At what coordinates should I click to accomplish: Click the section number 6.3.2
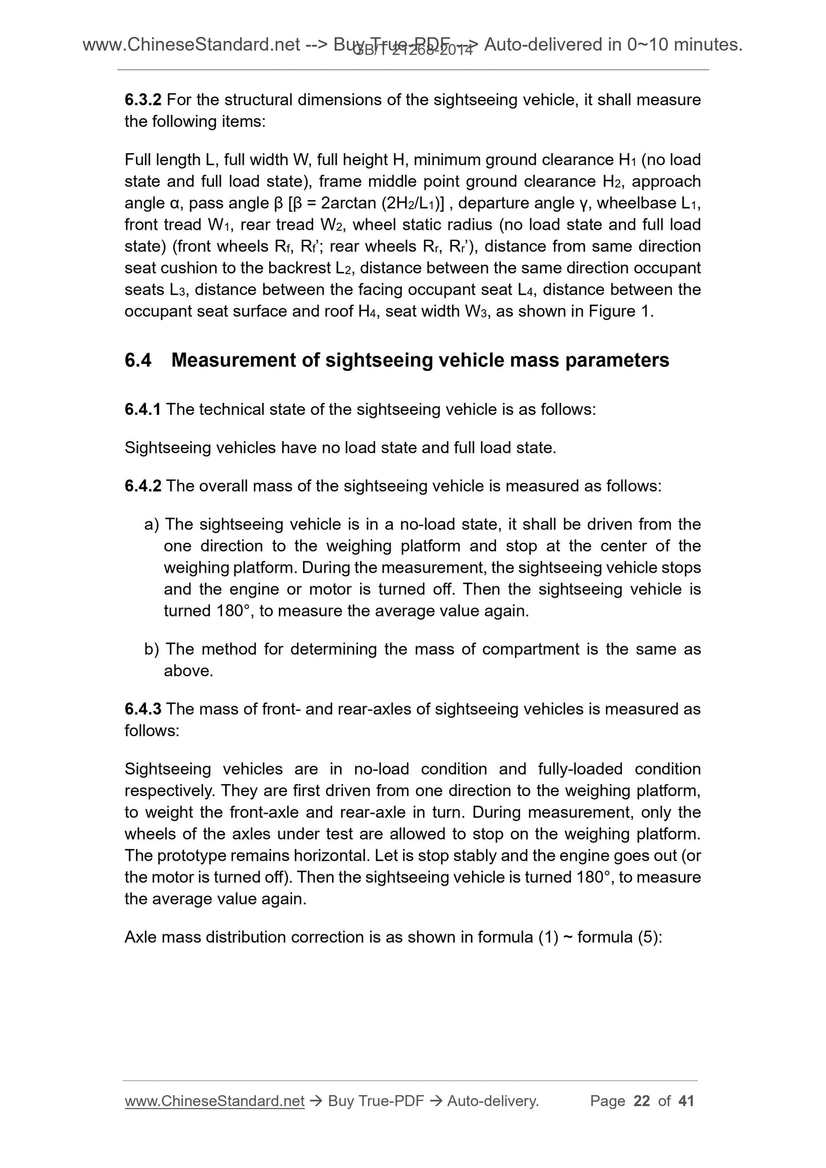click(143, 100)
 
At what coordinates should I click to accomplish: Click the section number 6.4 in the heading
click(138, 361)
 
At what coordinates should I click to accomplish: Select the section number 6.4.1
click(143, 410)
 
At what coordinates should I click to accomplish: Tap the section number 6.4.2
click(143, 486)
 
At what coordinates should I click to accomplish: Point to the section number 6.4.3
click(143, 709)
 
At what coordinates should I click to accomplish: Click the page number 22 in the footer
click(642, 1101)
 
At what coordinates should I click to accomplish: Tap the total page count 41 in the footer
click(685, 1101)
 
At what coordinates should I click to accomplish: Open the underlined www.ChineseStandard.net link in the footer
click(214, 1101)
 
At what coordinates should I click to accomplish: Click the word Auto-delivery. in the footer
click(493, 1101)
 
